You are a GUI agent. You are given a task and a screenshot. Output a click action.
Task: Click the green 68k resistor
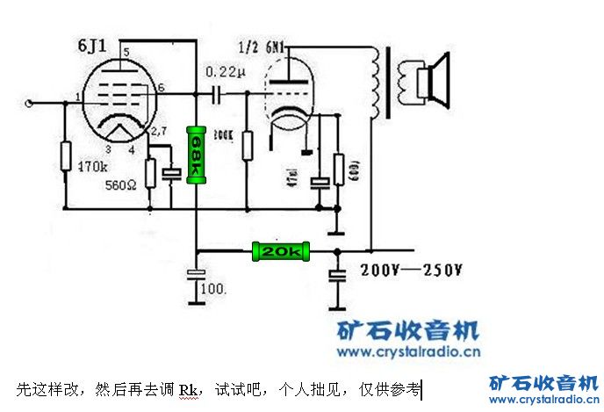click(197, 155)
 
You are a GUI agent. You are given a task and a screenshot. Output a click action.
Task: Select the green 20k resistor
click(279, 252)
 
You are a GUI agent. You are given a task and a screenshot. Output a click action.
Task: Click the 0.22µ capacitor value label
click(220, 70)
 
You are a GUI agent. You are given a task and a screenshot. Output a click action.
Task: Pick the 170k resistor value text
click(93, 165)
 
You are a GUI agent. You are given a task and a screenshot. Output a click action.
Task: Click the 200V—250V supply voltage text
click(411, 270)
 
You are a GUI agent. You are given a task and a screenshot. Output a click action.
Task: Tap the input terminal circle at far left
click(32, 104)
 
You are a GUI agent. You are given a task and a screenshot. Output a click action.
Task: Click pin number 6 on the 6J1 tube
click(162, 87)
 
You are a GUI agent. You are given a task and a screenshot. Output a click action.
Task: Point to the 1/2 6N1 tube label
click(265, 44)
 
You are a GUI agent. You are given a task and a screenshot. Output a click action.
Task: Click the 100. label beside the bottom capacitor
click(214, 288)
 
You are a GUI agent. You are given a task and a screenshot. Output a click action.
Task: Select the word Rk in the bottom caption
click(190, 388)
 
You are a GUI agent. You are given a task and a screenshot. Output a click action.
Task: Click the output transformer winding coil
click(378, 83)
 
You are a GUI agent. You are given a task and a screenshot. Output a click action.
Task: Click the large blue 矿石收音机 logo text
click(409, 331)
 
